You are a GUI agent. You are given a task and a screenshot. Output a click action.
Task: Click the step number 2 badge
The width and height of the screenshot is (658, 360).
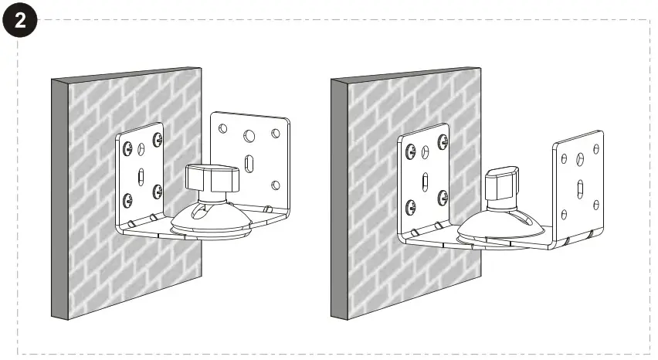[x=21, y=21]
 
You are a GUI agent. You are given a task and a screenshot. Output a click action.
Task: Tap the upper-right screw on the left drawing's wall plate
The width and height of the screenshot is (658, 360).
[x=158, y=139]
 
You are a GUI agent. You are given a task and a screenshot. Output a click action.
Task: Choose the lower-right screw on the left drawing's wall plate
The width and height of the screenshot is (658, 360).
[x=158, y=191]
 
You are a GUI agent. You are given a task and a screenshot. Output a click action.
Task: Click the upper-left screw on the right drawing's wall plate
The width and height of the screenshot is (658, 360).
[x=412, y=153]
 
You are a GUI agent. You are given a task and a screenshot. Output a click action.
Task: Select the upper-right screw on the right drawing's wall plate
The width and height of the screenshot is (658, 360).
[x=443, y=142]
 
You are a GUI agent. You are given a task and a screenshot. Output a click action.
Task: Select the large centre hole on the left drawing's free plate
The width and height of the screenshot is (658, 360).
[x=249, y=135]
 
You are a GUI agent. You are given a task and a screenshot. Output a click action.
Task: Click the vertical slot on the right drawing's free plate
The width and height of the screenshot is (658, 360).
[x=579, y=189]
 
